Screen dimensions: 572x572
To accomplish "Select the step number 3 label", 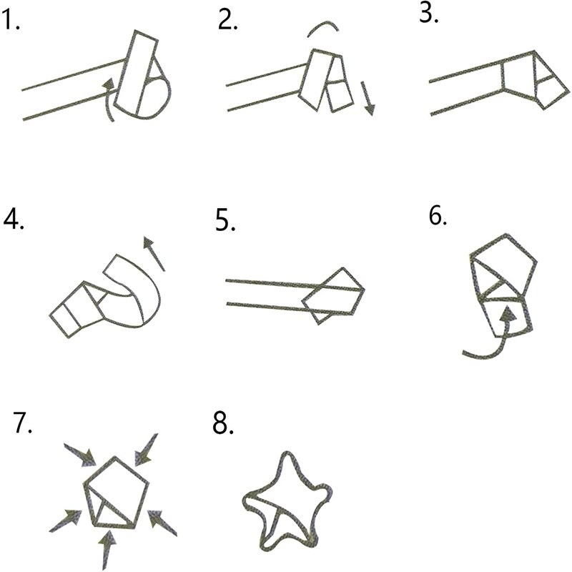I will coord(429,15).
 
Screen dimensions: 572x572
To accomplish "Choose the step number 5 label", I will coord(226,222).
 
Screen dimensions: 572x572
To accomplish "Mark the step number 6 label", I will coord(438,215).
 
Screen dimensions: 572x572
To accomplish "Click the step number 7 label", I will coord(24,423).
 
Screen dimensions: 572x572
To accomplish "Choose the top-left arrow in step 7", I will coord(79,453).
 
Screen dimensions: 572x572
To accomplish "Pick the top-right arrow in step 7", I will coord(147,448).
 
